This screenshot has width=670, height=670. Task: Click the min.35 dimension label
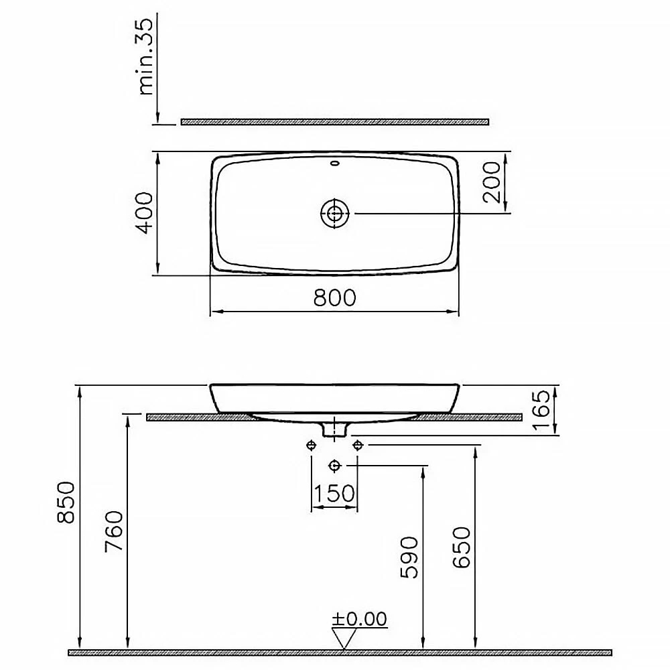[x=147, y=57]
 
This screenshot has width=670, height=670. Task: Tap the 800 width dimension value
[x=335, y=297]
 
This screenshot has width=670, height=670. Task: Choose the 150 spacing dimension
[x=334, y=494]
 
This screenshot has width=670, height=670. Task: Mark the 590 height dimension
[x=409, y=557]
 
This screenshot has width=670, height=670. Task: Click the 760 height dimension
[x=114, y=531]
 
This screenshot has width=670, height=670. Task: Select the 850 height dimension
[x=65, y=502]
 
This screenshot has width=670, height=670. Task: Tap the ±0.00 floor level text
[x=361, y=619]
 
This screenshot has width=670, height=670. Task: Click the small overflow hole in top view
[x=335, y=163]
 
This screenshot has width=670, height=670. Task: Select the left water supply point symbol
[x=312, y=445]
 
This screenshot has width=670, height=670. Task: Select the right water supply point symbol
[x=357, y=445]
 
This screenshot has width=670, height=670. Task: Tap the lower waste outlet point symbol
[x=334, y=465]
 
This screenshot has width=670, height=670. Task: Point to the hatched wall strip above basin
[x=334, y=122]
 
